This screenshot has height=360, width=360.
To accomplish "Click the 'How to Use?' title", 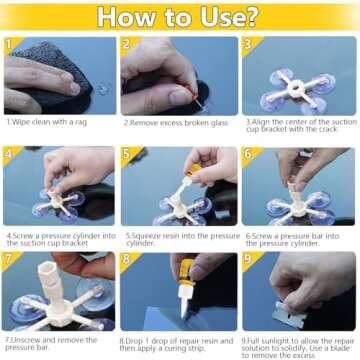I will [180, 17].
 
